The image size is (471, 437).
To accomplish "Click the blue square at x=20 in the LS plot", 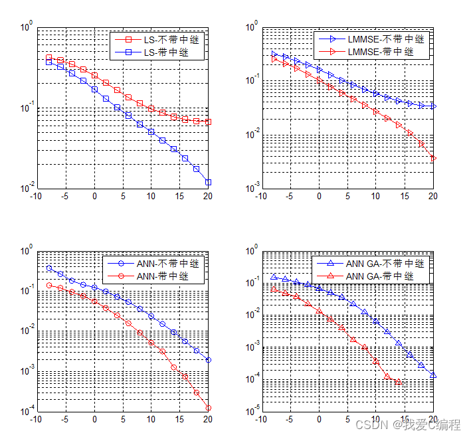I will point(208,182).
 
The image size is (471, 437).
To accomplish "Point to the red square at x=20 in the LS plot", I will point(208,122).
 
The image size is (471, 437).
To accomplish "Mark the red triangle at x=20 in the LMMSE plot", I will point(433,158).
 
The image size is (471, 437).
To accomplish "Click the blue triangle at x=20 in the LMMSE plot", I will point(433,106).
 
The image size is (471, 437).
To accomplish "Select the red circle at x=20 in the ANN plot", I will point(208,408).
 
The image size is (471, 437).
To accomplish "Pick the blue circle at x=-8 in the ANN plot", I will point(49,268).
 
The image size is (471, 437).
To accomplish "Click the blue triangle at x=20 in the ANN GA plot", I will point(433,375).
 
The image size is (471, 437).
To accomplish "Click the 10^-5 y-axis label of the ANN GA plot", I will point(252,412).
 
